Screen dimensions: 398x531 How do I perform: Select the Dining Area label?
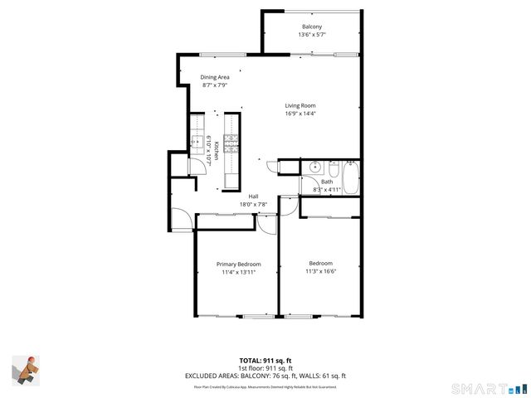pyautogui.click(x=215, y=76)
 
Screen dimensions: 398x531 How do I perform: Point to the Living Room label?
pyautogui.click(x=300, y=105)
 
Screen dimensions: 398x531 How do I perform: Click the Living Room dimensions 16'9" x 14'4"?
pyautogui.click(x=300, y=114)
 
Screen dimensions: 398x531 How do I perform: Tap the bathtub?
pyautogui.click(x=350, y=177)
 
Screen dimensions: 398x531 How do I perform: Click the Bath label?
pyautogui.click(x=327, y=182)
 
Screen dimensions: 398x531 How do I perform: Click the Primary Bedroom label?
pyautogui.click(x=238, y=264)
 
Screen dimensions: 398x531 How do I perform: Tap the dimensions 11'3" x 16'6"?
pyautogui.click(x=320, y=271)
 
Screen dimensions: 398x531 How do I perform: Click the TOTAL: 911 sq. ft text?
pyautogui.click(x=265, y=360)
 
